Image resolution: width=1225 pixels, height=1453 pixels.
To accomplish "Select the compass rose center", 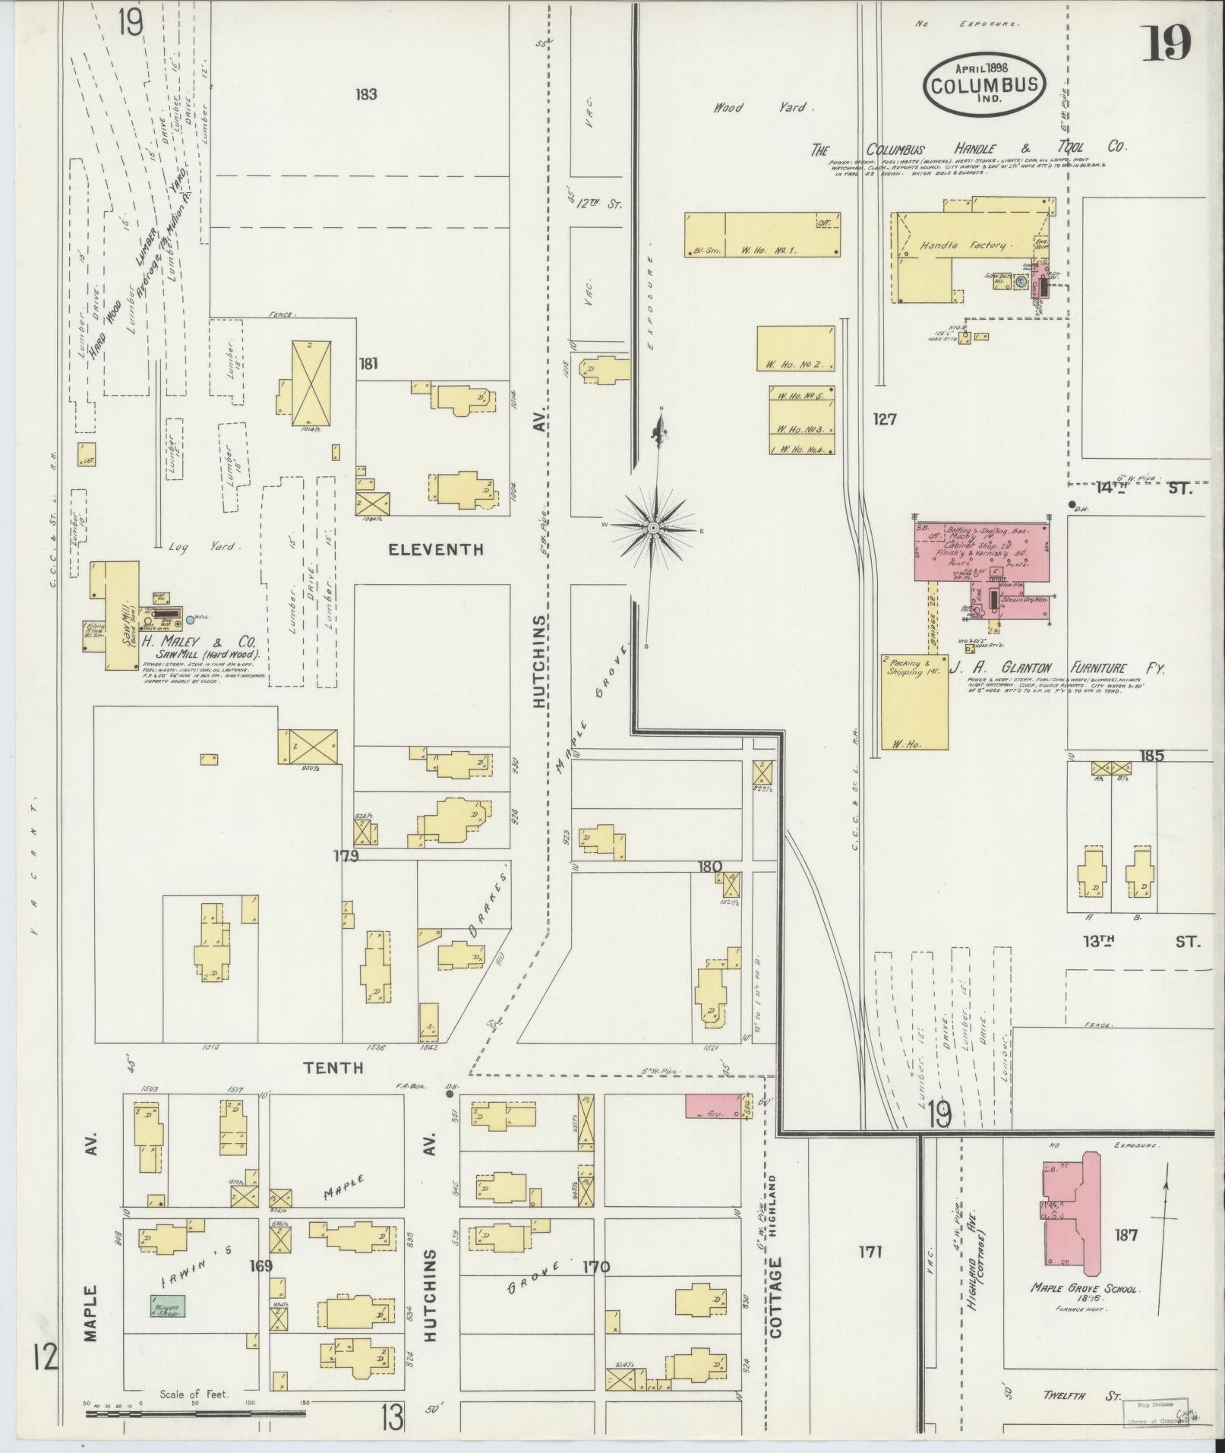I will click(653, 527).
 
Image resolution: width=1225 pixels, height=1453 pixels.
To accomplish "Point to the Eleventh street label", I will click(435, 549).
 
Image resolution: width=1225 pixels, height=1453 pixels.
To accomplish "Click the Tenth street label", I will click(333, 1068).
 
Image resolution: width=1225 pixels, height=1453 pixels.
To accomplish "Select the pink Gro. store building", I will click(713, 1105).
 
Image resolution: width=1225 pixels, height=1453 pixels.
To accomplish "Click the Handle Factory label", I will click(963, 246).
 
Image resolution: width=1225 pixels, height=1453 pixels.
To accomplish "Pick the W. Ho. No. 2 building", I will click(794, 349).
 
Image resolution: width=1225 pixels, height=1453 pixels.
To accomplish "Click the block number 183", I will click(366, 95).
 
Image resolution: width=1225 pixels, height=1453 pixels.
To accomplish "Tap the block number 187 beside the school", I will click(1126, 1235).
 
